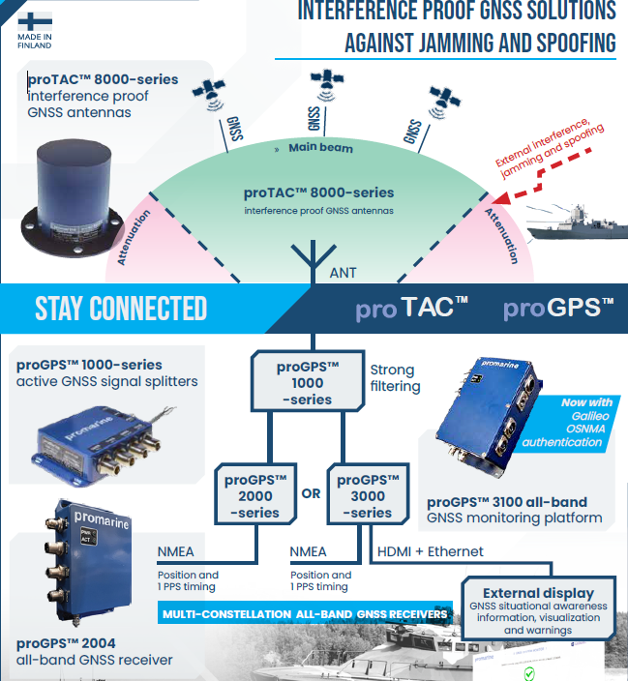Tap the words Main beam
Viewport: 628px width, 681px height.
click(319, 148)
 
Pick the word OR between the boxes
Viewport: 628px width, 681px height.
click(311, 493)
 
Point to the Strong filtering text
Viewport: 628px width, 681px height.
click(392, 378)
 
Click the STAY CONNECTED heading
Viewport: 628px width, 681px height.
click(121, 309)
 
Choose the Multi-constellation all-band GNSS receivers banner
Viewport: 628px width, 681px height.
click(305, 614)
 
